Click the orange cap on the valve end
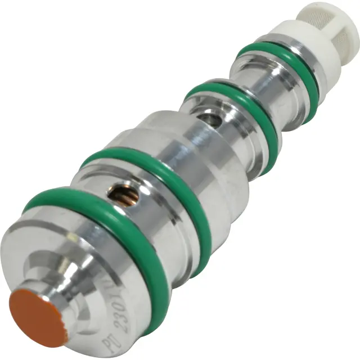(38, 318)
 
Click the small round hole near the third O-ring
(209, 119)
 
